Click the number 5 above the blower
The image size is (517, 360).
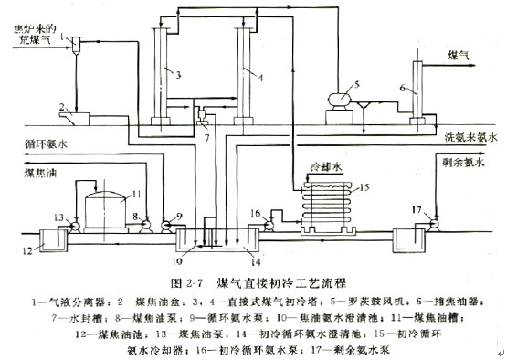[358, 83]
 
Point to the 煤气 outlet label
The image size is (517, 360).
[459, 56]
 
